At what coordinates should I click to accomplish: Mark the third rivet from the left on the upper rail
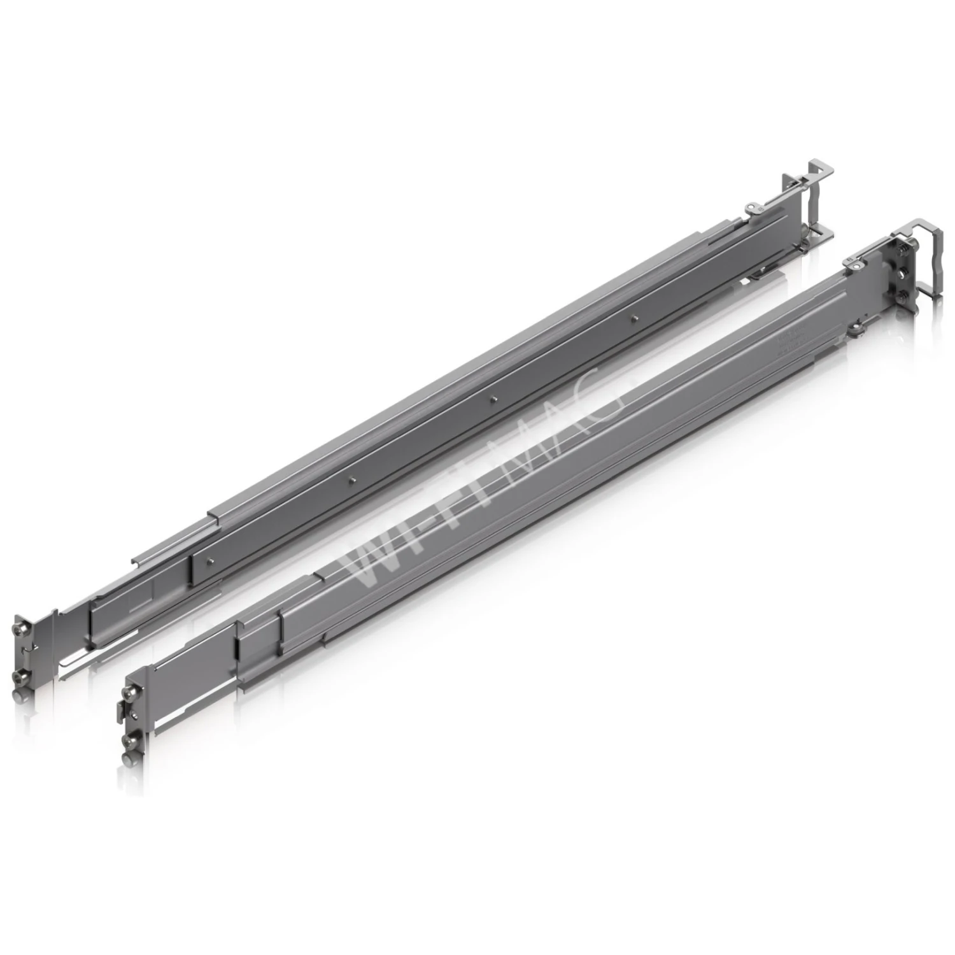point(493,398)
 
